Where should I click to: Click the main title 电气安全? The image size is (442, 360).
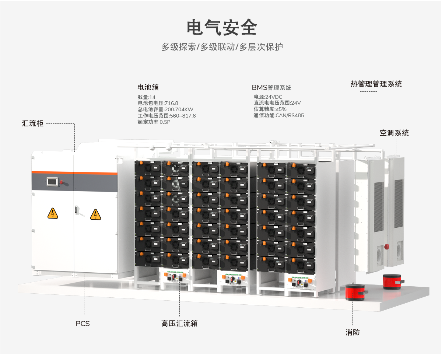coord(221,28)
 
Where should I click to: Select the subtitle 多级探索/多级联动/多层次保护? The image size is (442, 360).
coord(222,47)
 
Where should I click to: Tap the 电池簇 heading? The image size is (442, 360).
coord(148,87)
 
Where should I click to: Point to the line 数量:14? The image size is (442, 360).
coord(147,97)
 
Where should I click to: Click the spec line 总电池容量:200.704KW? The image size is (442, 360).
coord(165,109)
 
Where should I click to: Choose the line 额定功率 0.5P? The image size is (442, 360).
coord(154,122)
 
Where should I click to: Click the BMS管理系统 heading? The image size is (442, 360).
coord(271,88)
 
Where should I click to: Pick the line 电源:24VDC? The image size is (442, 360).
coord(268,97)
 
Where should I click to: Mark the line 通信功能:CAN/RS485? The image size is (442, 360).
coord(278,115)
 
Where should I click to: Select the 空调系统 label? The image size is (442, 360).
coord(394,133)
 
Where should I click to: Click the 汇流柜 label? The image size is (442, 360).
coord(33,123)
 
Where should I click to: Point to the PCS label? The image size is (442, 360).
coord(83,324)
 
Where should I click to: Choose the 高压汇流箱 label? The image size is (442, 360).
coord(179,324)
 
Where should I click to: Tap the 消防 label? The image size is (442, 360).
coord(352,332)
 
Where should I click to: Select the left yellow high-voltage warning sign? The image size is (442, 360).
coord(53,213)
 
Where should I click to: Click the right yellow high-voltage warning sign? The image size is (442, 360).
coord(95,214)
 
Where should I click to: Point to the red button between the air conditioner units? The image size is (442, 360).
coord(387,247)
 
